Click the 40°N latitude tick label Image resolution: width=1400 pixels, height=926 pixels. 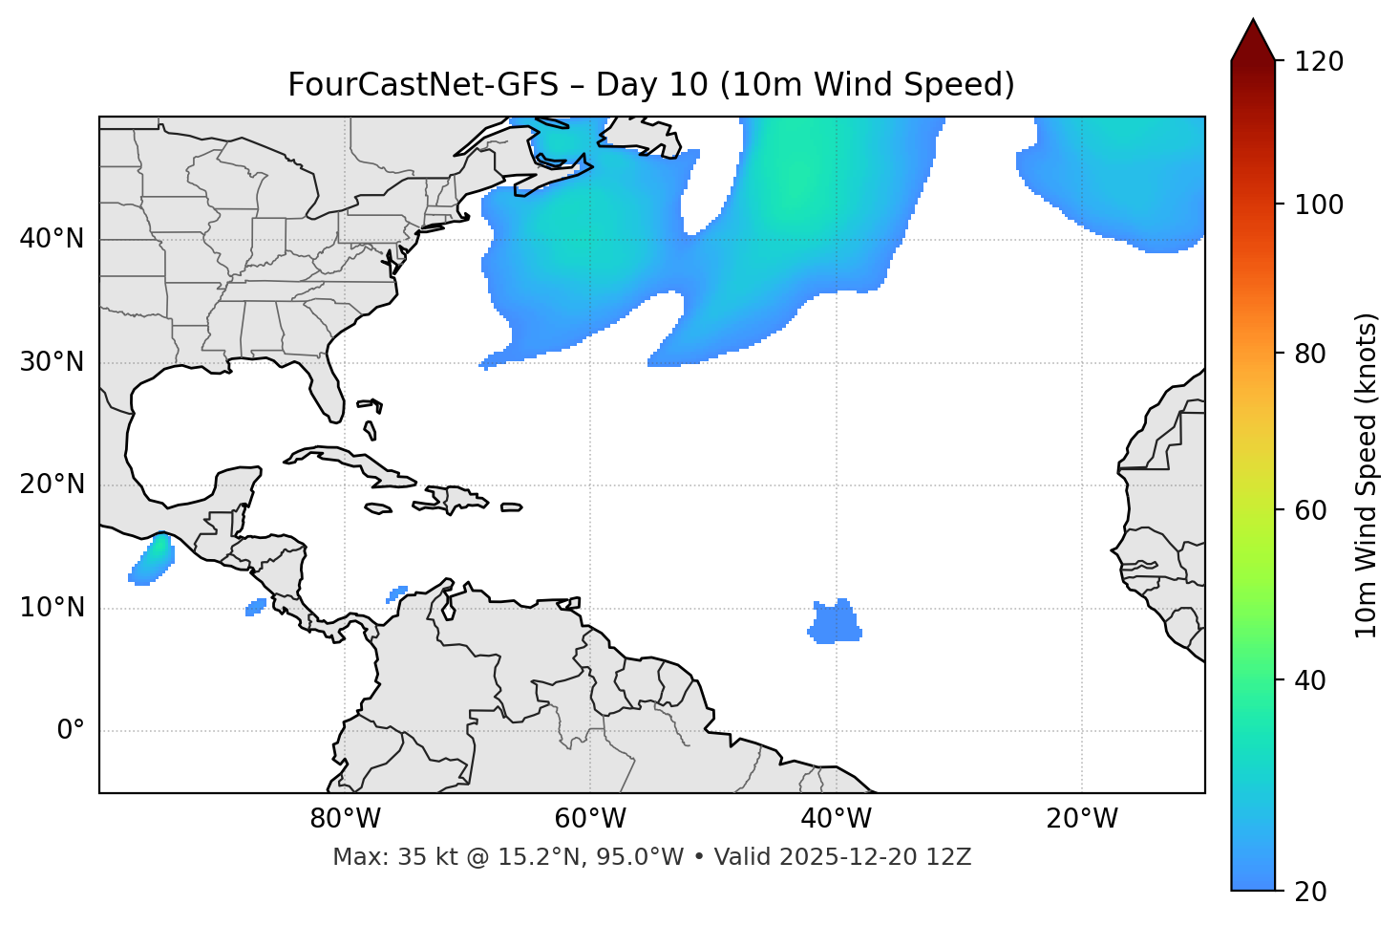point(52,239)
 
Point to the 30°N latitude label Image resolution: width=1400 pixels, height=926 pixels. point(52,362)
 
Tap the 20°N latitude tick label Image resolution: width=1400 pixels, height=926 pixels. point(52,485)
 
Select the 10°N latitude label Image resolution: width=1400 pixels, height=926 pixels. point(52,608)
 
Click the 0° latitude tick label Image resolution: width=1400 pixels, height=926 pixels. point(71,731)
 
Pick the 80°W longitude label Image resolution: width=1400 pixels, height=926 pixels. point(345,819)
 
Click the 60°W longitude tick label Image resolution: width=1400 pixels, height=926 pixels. point(590,819)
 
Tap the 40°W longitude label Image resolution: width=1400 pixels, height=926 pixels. point(836,819)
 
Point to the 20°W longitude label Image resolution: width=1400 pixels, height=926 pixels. point(1082,819)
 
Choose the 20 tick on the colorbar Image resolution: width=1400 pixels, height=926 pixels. point(1310,892)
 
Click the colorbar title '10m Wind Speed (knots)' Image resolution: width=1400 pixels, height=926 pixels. point(1367,476)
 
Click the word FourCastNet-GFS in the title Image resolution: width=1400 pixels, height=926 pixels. point(423,85)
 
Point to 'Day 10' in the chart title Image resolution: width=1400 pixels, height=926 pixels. point(652,85)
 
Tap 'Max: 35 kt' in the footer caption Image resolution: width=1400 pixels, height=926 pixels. point(379,857)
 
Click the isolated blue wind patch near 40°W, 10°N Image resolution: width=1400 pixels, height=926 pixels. point(835,623)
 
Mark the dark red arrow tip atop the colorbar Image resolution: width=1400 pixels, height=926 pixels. point(1253,36)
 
